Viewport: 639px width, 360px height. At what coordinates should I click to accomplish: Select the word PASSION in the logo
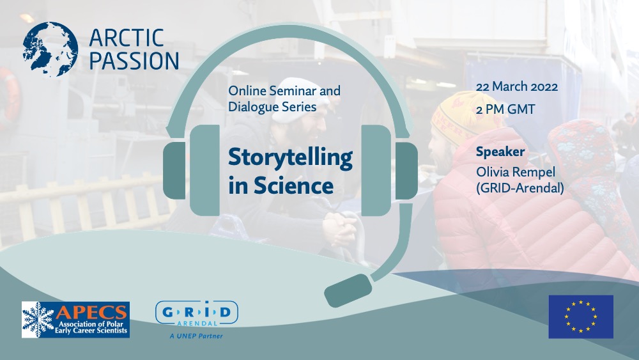pyautogui.click(x=134, y=61)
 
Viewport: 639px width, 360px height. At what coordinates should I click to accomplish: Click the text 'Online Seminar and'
pyautogui.click(x=284, y=91)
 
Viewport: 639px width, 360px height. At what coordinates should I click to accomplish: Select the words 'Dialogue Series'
pyautogui.click(x=272, y=107)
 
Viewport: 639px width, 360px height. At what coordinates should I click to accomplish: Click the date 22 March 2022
pyautogui.click(x=517, y=87)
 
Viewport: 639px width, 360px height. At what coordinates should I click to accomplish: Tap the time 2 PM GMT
pyautogui.click(x=505, y=109)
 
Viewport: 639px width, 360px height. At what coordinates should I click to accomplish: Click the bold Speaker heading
pyautogui.click(x=500, y=152)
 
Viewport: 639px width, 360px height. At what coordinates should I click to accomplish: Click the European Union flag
pyautogui.click(x=580, y=317)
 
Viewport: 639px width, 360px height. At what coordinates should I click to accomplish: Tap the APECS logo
pyautogui.click(x=75, y=320)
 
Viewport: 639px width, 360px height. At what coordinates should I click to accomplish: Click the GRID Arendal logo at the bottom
pyautogui.click(x=197, y=313)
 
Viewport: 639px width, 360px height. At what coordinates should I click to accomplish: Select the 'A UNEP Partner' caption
pyautogui.click(x=196, y=336)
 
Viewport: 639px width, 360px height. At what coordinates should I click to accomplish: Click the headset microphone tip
pyautogui.click(x=348, y=290)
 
